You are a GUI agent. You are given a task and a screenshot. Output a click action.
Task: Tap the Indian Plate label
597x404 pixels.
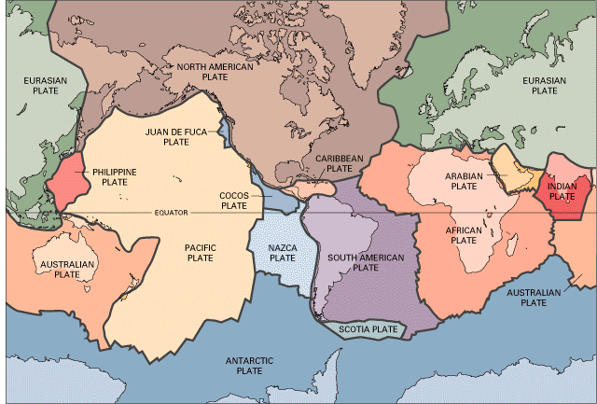point(562,191)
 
